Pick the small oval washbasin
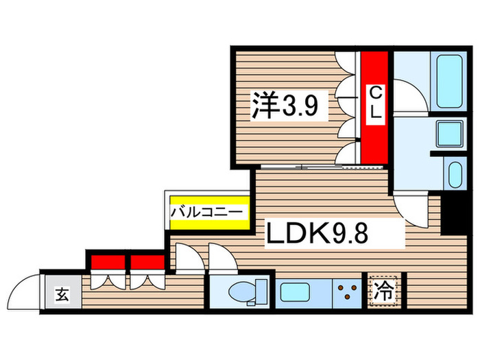(x=453, y=176)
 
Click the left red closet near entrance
(x=106, y=262)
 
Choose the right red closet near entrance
(x=147, y=262)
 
